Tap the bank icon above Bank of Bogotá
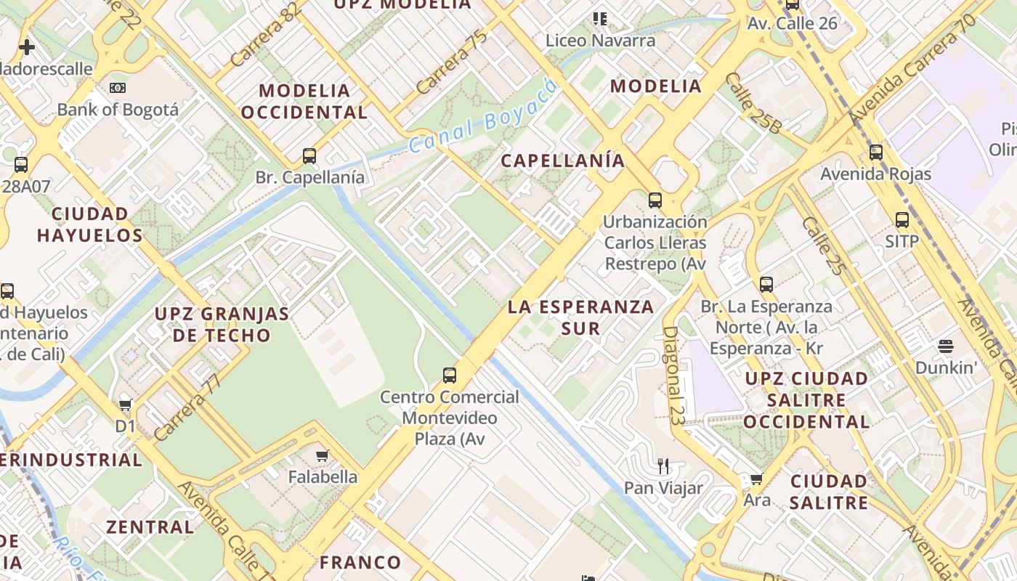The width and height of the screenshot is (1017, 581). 117,88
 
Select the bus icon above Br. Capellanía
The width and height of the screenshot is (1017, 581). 309,155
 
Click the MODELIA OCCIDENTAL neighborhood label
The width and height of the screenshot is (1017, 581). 304,102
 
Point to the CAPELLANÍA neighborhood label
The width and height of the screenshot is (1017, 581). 563,161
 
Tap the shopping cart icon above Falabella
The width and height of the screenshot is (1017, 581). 323,456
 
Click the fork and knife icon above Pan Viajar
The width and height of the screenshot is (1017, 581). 663,466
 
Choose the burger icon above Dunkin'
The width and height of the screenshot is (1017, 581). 945,346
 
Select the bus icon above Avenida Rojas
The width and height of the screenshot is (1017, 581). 876,153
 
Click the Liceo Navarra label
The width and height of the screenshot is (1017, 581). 600,40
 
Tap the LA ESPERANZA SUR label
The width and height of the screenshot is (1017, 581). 580,317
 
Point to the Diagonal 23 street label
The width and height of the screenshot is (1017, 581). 673,374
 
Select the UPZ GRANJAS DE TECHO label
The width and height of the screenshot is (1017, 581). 222,325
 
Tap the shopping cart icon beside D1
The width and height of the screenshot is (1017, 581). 126,405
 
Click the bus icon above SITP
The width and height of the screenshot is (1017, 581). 902,220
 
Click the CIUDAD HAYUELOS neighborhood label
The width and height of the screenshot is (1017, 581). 90,224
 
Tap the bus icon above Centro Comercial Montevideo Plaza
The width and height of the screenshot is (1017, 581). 450,375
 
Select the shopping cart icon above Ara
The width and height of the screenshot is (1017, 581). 756,479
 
